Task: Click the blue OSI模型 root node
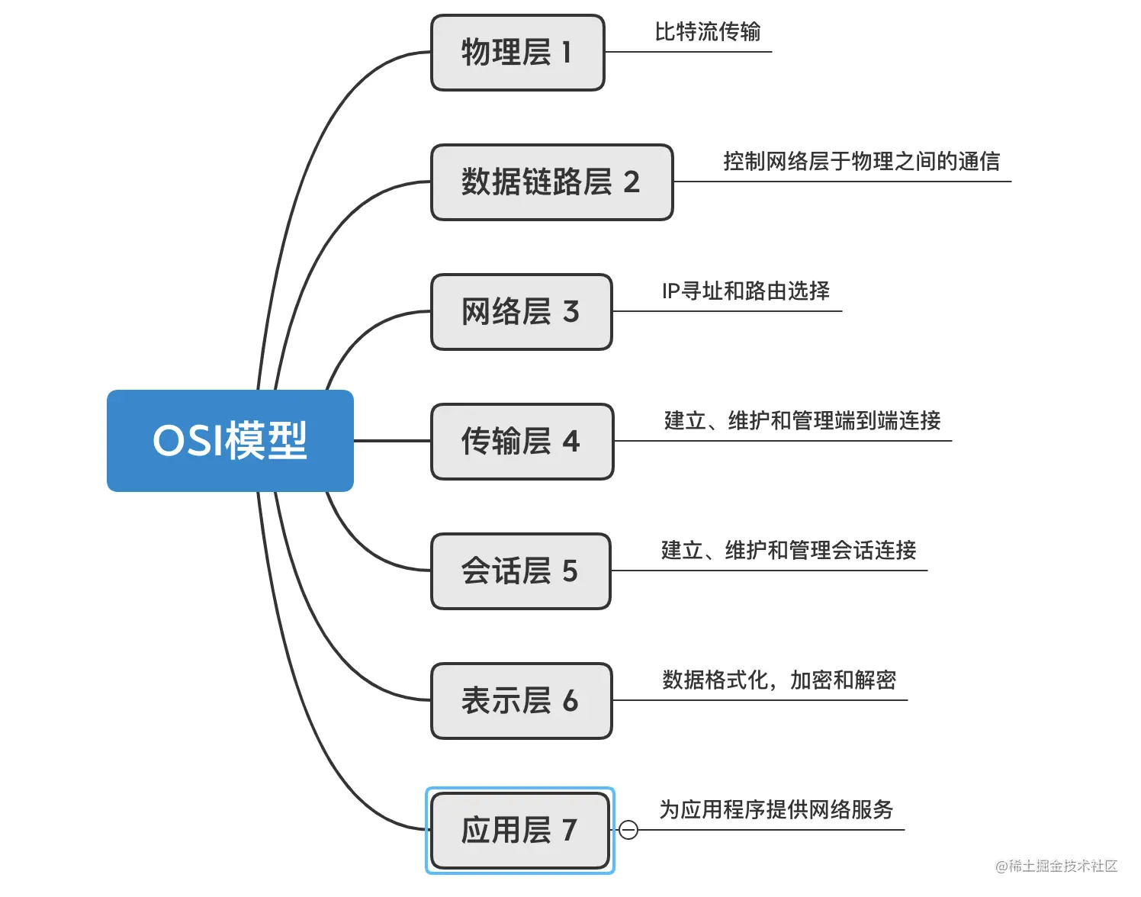[x=230, y=441]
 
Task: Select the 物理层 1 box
[x=517, y=53]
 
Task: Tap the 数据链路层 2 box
[x=551, y=182]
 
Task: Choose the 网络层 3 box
[x=521, y=312]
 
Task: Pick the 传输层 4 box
[x=522, y=442]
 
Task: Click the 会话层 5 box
[x=520, y=571]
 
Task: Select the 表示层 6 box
[x=521, y=701]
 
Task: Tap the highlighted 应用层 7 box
[x=519, y=831]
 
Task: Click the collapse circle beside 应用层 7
[x=628, y=830]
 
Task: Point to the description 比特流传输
[x=707, y=32]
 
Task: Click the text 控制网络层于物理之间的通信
[x=861, y=162]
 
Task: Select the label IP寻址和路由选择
[x=745, y=291]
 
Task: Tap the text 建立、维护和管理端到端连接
[x=802, y=421]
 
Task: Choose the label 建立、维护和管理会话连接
[x=789, y=551]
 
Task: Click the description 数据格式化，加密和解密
[x=779, y=680]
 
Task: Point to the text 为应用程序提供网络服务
[x=776, y=810]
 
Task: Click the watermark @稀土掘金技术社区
[x=1056, y=866]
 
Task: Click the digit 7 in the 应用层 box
[x=569, y=831]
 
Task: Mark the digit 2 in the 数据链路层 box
[x=632, y=182]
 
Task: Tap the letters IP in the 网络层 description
[x=670, y=291]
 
